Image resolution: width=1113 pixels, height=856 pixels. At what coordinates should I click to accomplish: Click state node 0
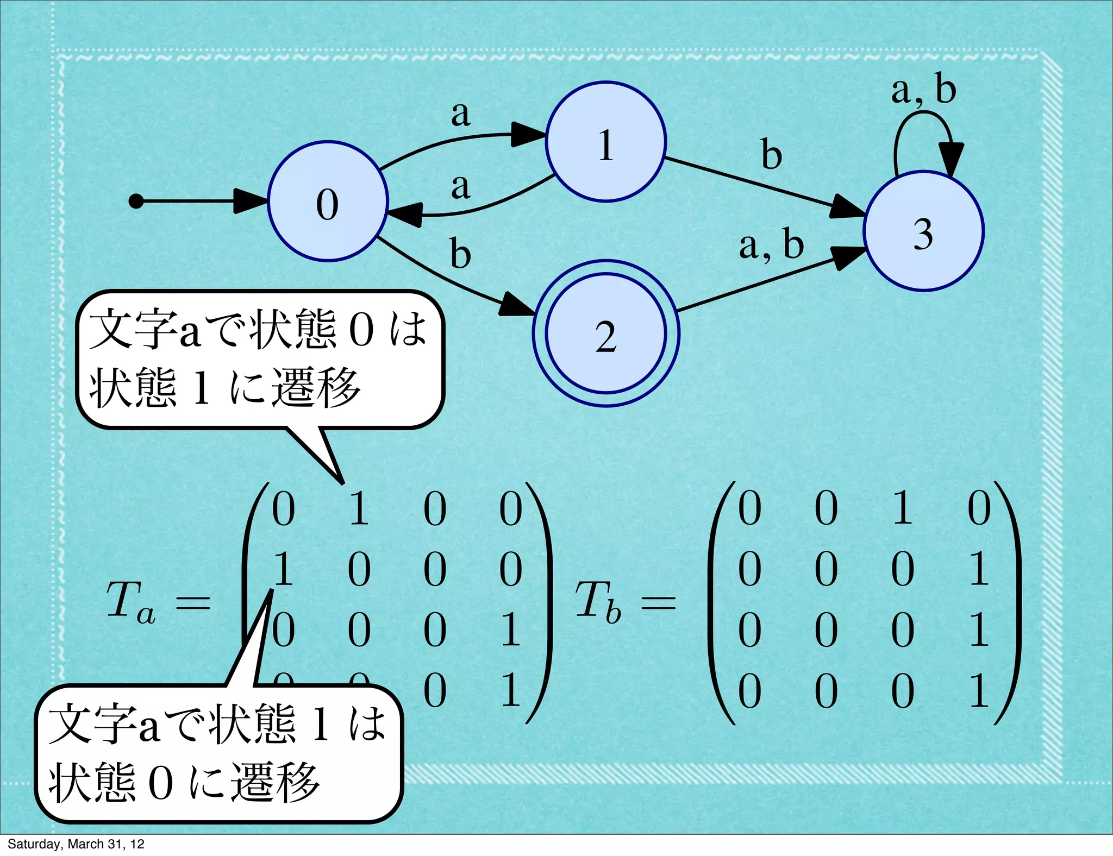coord(328,202)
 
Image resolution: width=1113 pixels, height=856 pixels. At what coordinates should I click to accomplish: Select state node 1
coord(606,142)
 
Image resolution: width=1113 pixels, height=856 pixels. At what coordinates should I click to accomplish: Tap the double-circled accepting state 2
coord(606,333)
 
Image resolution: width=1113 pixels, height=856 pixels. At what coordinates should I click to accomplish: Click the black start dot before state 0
coord(136,202)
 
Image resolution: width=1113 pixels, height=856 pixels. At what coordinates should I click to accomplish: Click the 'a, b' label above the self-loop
coord(923,89)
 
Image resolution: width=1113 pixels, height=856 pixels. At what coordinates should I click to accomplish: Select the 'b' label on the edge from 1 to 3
coord(771,154)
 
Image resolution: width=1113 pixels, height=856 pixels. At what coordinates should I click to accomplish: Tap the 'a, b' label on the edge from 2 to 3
coord(771,245)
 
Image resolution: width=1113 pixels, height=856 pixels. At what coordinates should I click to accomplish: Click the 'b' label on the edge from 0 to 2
coord(460,254)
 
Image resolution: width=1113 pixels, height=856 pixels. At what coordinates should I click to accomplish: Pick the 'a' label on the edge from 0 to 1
coord(460,114)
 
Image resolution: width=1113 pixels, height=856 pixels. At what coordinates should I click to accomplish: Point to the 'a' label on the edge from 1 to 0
coord(460,186)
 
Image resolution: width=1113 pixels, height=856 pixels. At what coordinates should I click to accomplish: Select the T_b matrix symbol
coord(598,602)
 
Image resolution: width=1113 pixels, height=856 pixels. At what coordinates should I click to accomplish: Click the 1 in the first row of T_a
coord(359,509)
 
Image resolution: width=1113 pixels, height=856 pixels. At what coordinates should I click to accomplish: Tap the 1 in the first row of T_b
coord(902,509)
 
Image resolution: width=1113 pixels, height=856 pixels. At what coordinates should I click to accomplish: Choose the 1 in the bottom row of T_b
coord(979,691)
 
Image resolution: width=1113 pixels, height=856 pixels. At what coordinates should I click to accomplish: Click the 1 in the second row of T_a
coord(283,569)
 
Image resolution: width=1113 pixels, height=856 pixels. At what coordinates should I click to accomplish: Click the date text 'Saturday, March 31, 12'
coord(76,844)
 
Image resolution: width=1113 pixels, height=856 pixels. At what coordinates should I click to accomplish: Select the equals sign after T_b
coord(659,602)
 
